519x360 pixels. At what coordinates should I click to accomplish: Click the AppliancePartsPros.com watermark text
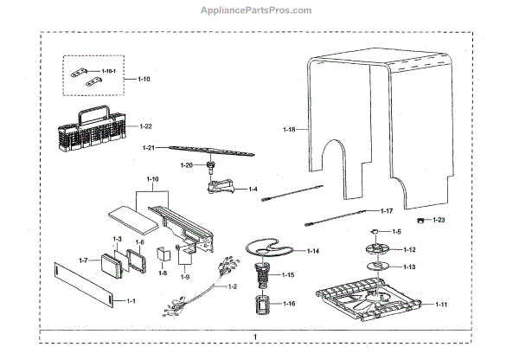[x=259, y=10]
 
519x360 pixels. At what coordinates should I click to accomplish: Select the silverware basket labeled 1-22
[x=96, y=130]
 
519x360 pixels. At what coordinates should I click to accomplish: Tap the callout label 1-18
[x=289, y=129]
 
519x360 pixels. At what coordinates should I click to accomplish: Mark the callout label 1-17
[x=388, y=210]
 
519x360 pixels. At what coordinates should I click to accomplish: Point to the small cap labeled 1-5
[x=375, y=233]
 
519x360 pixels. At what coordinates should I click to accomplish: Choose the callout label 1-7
[x=83, y=260]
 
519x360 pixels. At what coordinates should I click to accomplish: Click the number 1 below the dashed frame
[x=255, y=337]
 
